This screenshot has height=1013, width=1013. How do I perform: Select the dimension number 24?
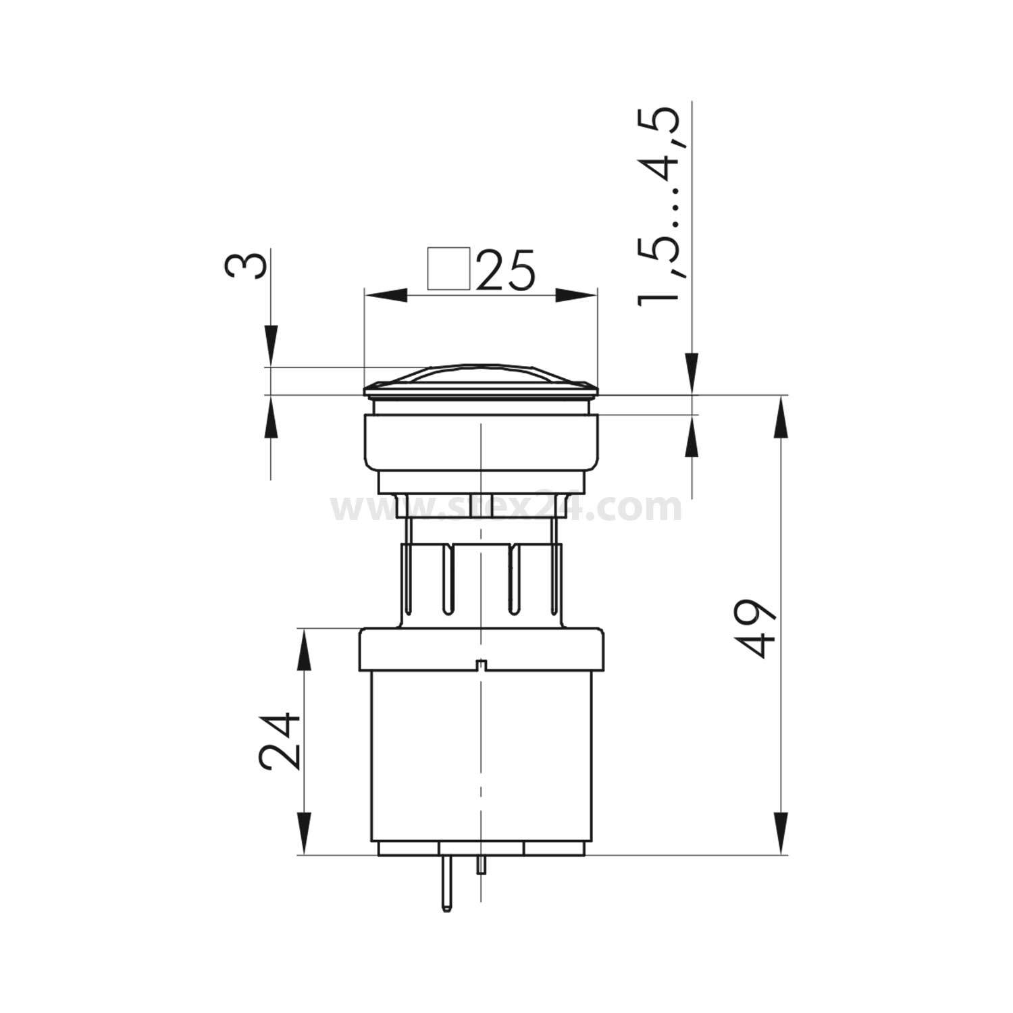point(280,739)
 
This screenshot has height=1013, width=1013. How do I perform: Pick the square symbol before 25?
point(449,269)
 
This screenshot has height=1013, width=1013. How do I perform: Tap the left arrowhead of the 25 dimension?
point(385,296)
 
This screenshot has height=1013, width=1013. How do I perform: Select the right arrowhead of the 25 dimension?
point(577,296)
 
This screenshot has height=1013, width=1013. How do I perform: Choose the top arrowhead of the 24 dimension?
point(305,651)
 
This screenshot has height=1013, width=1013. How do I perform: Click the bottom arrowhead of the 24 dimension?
point(305,834)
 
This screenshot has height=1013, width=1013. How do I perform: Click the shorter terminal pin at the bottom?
point(481,865)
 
